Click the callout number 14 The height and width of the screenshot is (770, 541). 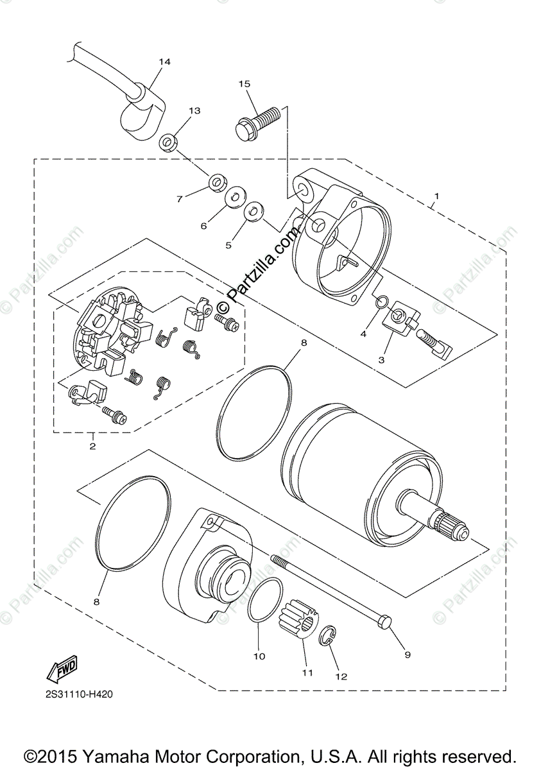165,62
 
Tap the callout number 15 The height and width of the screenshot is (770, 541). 245,84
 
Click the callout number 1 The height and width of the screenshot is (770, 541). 436,195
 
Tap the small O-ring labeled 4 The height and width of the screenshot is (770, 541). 382,301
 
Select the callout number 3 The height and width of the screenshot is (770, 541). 381,360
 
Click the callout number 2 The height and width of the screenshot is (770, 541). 92,445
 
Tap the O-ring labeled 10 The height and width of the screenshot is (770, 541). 264,600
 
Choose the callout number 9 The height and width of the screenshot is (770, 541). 407,654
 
